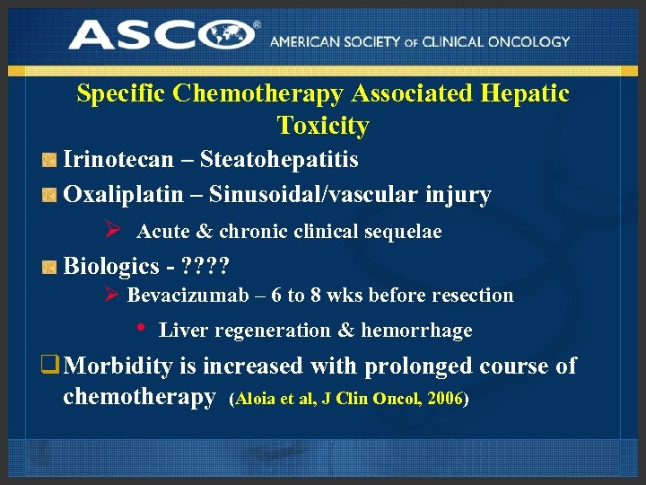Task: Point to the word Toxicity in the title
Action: click(323, 126)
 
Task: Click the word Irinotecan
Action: click(118, 160)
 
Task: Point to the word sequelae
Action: click(402, 232)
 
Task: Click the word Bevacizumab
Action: click(182, 295)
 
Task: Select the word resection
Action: click(474, 295)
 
